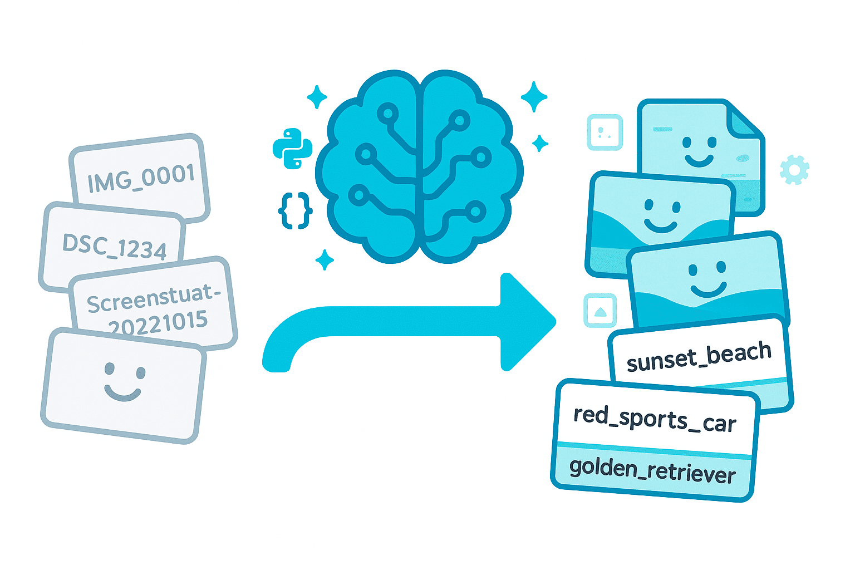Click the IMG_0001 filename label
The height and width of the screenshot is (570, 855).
click(141, 178)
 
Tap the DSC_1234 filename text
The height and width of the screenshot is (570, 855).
click(115, 246)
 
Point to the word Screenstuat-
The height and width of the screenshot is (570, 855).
click(154, 298)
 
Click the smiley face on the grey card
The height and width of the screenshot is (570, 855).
click(124, 382)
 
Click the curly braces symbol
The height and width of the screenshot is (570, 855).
click(295, 210)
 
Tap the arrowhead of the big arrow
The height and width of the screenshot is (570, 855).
click(526, 322)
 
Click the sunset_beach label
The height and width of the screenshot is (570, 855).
click(699, 356)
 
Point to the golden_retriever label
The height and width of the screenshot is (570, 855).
click(652, 470)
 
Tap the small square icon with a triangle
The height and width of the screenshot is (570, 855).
click(600, 311)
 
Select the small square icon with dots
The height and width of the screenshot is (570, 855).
click(605, 132)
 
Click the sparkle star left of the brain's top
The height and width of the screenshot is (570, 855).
click(317, 97)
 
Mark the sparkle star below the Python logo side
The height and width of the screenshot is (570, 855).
click(325, 259)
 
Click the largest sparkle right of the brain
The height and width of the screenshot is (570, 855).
click(534, 96)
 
